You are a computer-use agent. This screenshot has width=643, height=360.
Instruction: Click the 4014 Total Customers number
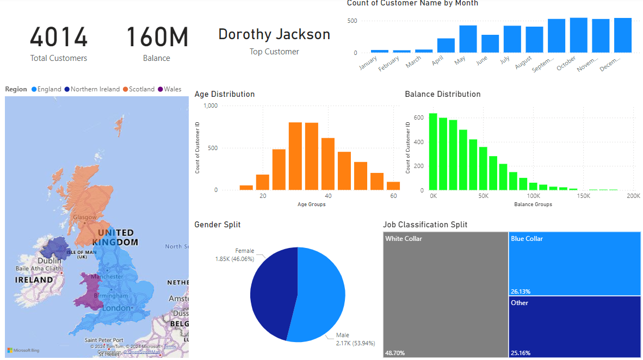click(59, 38)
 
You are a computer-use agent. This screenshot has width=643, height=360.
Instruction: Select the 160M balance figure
click(157, 38)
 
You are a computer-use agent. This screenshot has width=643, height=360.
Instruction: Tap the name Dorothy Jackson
click(274, 34)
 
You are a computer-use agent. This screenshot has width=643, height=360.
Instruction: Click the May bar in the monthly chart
click(468, 39)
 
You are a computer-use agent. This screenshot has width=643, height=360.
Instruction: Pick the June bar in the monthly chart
click(490, 44)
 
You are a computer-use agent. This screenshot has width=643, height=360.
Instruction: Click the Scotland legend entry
click(141, 89)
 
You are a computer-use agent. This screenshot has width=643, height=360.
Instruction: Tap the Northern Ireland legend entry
click(95, 89)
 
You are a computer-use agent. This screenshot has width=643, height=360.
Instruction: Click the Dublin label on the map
click(50, 261)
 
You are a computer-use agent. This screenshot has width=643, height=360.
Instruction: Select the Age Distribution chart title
click(225, 94)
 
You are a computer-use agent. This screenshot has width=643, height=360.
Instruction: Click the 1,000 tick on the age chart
click(210, 105)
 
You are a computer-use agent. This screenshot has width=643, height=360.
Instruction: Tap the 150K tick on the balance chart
click(583, 196)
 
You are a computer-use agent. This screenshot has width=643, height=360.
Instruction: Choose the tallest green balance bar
click(433, 152)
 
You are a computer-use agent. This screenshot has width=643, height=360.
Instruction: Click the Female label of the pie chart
click(244, 251)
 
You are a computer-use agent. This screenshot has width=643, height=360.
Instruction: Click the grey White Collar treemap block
click(446, 294)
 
